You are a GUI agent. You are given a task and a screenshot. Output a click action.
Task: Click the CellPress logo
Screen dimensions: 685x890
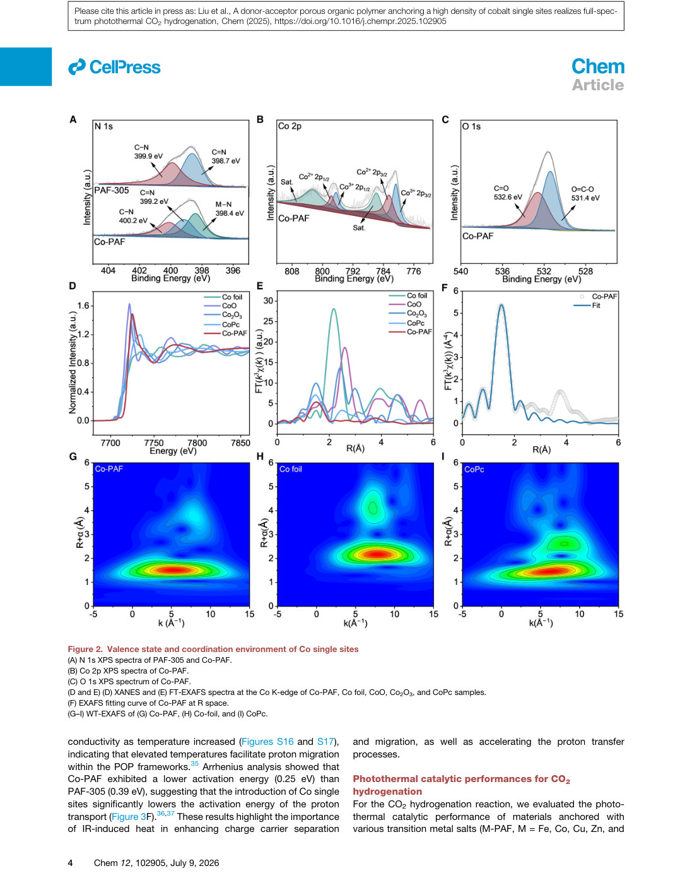point(114,67)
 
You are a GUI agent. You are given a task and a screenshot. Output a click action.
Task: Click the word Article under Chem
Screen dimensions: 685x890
point(597,85)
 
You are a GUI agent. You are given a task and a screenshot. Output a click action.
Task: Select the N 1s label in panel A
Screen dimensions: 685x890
point(103,127)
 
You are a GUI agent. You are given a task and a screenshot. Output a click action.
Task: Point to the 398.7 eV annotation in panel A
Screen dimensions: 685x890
point(225,161)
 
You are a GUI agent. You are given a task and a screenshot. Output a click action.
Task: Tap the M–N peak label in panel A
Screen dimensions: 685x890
point(223,205)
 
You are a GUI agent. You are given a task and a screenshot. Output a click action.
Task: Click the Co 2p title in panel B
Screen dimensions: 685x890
point(290,126)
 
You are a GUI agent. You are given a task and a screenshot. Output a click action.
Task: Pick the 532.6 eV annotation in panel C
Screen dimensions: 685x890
point(508,197)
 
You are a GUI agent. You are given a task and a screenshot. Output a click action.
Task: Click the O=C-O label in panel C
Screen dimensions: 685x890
point(582,189)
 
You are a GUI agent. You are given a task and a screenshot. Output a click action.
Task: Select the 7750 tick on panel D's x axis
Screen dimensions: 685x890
point(154,442)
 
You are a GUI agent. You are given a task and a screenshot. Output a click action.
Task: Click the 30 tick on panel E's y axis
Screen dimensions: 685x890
point(268,300)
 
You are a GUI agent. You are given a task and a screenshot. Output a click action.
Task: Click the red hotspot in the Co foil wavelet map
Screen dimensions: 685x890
point(378,555)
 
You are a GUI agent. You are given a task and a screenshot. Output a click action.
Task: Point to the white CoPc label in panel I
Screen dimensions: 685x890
point(474,470)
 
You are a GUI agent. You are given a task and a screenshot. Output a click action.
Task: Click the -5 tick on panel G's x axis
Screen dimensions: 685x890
point(93,614)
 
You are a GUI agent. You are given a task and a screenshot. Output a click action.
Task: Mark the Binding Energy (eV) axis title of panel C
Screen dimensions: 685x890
point(541,279)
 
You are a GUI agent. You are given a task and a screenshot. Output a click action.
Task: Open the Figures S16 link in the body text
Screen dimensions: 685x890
point(267,742)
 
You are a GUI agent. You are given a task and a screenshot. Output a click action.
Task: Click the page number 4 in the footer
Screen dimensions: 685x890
point(71,863)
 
